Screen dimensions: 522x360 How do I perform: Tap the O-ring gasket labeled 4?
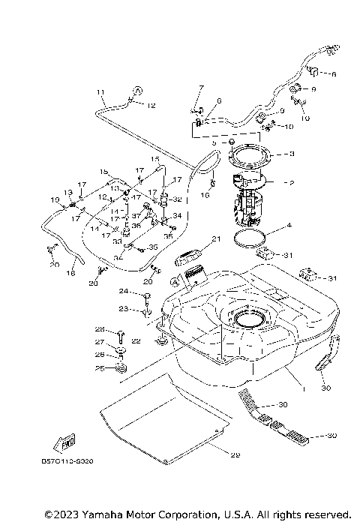click(x=251, y=240)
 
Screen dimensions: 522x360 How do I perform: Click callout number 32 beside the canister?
click(x=177, y=200)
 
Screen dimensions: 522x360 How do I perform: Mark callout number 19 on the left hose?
click(x=55, y=199)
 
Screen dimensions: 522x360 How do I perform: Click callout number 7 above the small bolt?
click(x=202, y=88)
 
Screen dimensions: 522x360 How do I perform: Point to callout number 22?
click(x=136, y=341)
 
